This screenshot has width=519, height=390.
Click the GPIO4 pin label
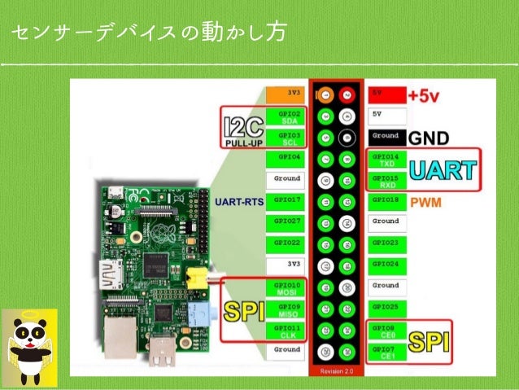point(288,156)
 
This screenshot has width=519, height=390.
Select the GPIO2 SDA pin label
point(288,116)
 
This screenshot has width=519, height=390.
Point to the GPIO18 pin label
point(386,199)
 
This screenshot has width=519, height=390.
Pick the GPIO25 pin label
point(386,307)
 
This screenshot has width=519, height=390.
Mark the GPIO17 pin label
point(288,199)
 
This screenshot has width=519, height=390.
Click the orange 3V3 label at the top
point(288,93)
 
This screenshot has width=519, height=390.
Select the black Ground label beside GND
point(386,136)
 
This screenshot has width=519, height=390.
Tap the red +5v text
point(425,94)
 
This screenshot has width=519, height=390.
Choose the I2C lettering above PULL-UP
point(242,124)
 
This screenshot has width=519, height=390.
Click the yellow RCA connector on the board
point(195,278)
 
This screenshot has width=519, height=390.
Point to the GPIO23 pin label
point(386,243)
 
